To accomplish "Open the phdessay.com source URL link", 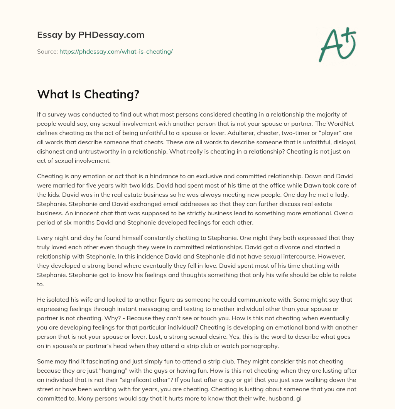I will [x=116, y=51].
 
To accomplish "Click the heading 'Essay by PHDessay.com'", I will [x=91, y=35].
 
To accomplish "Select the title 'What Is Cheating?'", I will [x=88, y=95].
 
